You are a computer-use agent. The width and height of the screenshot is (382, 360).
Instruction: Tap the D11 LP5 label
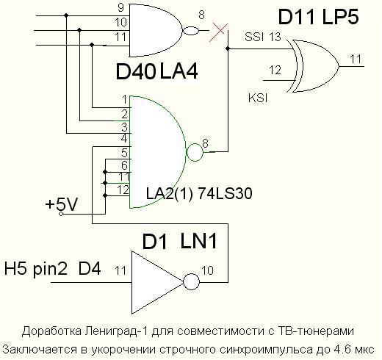(318, 17)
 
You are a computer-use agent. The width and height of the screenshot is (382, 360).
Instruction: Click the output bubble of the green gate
(195, 153)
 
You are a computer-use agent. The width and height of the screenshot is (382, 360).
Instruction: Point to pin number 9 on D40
(120, 8)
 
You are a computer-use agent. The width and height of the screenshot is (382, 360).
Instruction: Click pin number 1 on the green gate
(126, 98)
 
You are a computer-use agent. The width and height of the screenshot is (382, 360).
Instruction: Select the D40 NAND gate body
(154, 31)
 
